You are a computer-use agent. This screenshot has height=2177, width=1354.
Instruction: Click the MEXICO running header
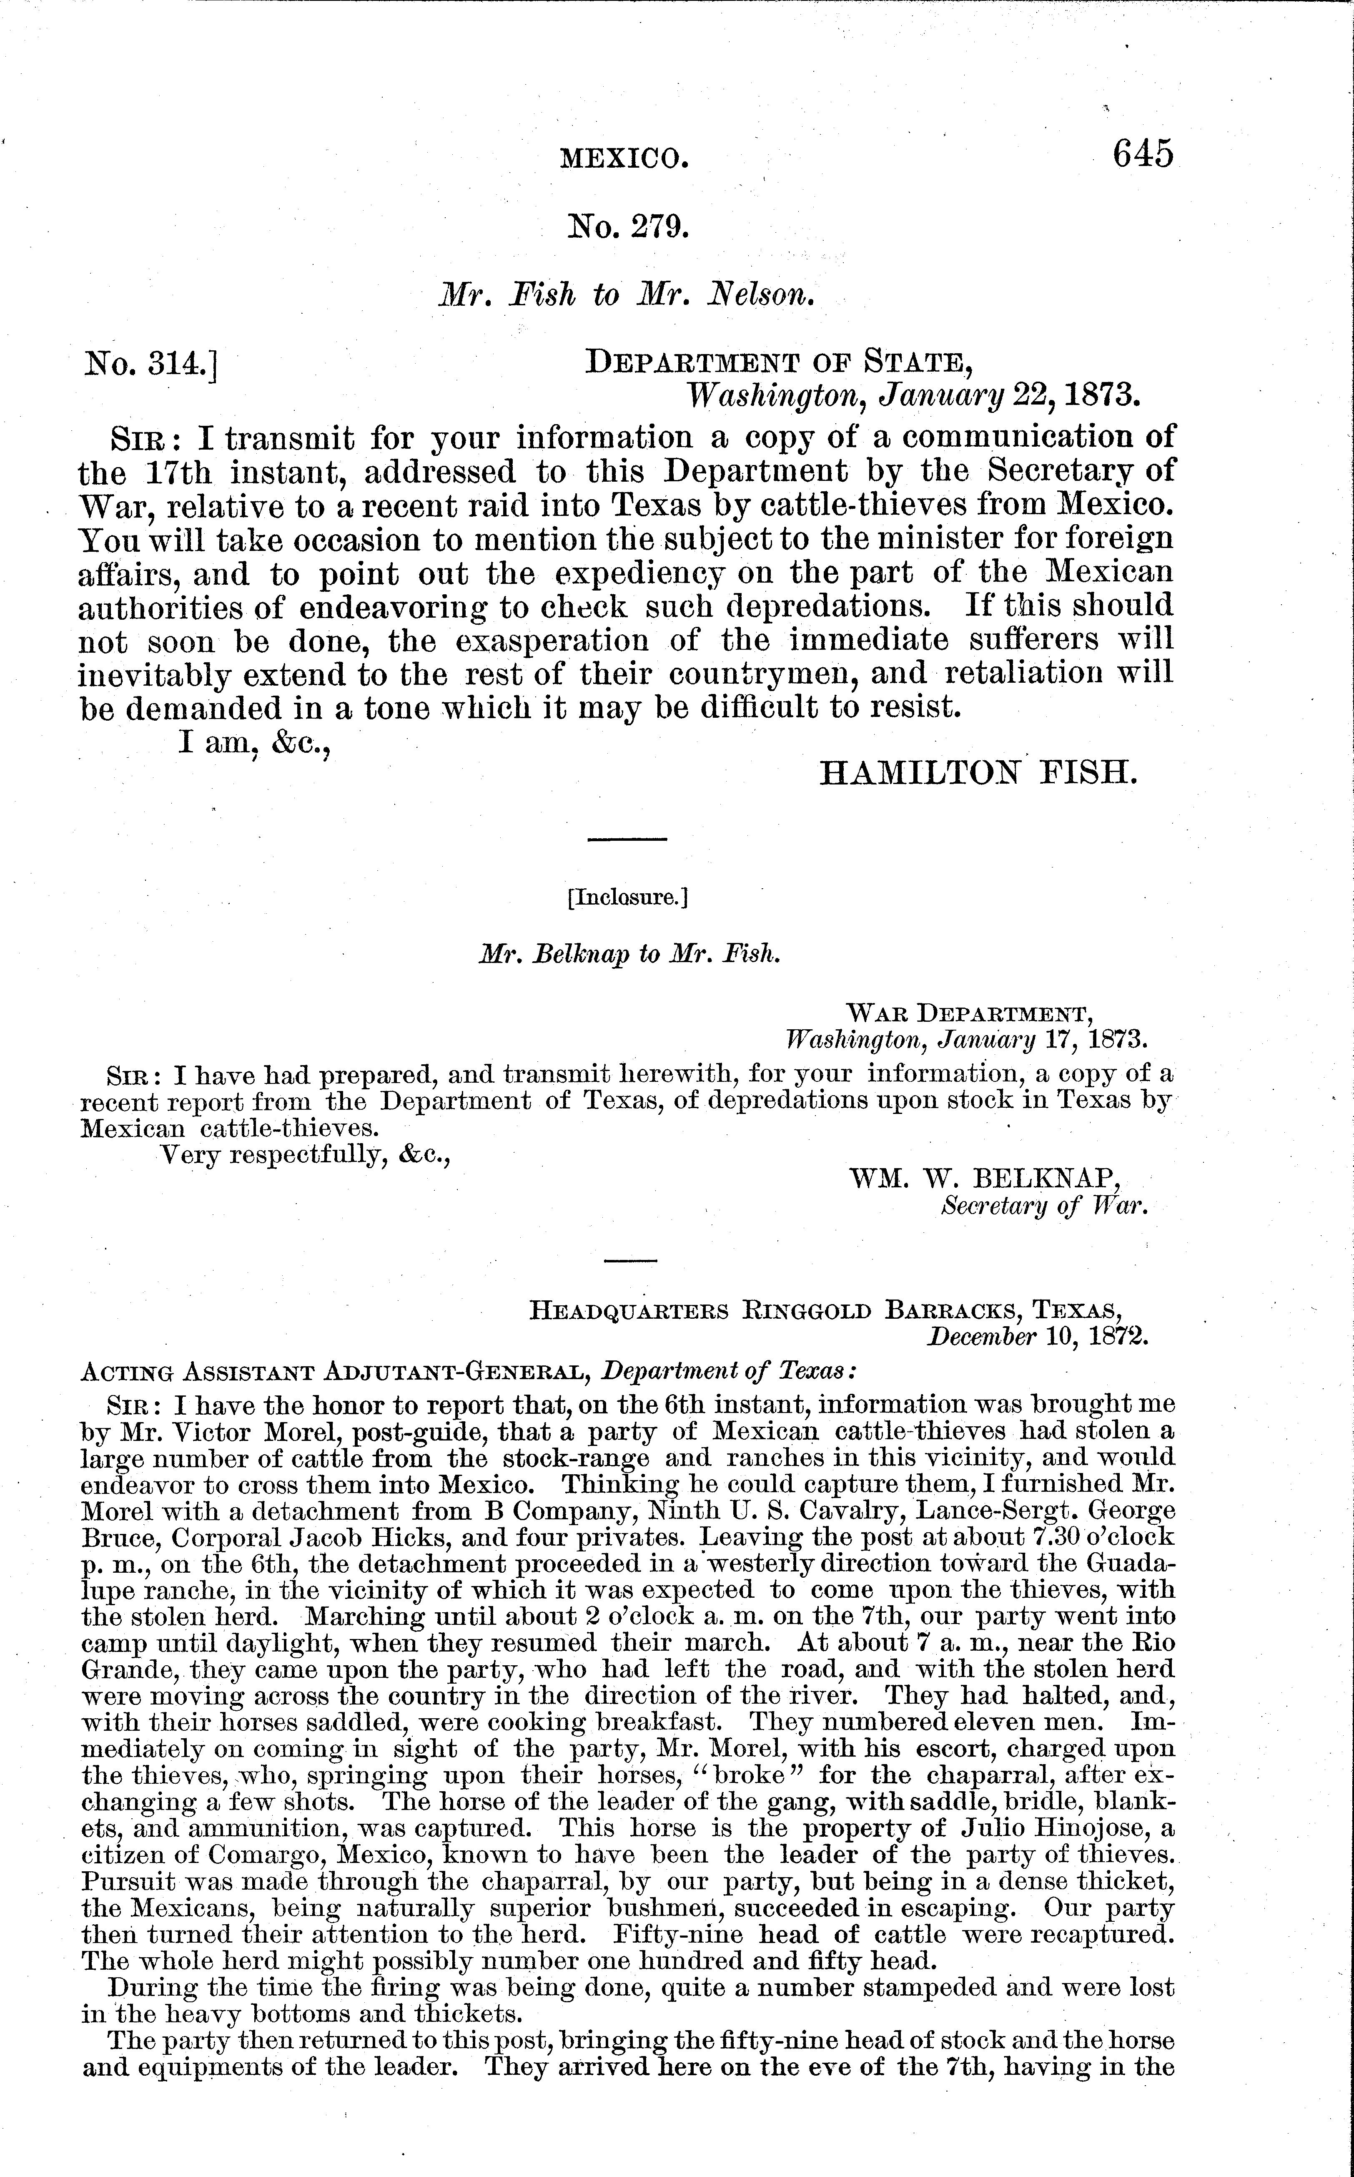pos(624,159)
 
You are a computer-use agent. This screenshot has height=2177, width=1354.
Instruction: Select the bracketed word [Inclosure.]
pos(627,897)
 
